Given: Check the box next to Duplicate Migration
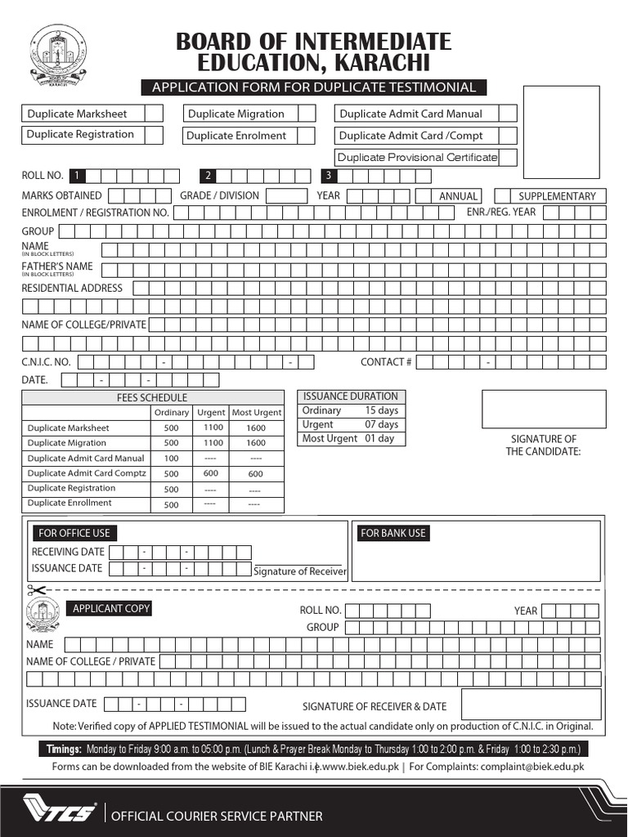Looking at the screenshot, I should click(306, 114).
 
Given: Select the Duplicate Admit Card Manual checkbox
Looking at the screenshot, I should click(507, 114).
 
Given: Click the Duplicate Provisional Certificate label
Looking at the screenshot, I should click(418, 157).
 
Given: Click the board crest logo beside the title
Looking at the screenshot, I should click(57, 56).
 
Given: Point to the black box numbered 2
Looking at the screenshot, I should click(209, 175).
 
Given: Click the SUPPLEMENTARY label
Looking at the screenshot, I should click(557, 196).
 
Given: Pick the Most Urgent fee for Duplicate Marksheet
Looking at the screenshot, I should click(255, 428).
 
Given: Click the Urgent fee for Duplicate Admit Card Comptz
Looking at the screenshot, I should click(210, 473).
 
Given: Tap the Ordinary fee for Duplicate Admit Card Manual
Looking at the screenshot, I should click(171, 459).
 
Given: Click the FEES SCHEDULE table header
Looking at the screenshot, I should click(152, 397).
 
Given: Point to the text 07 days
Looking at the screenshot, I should click(381, 424).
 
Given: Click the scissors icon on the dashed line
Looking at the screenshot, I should click(36, 589).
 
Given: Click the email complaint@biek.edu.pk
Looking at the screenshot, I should click(532, 767).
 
